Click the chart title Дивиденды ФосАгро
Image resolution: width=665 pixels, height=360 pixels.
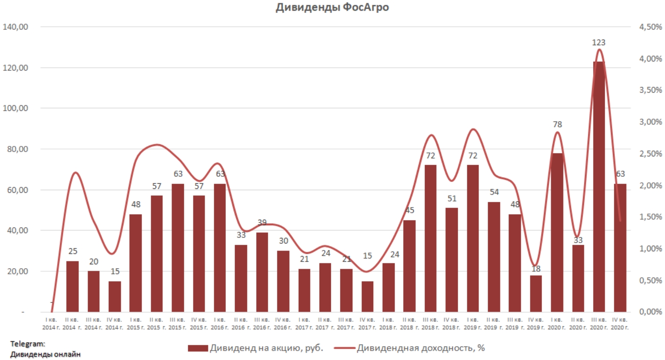coord(332,7)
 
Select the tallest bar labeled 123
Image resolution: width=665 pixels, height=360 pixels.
coord(599,186)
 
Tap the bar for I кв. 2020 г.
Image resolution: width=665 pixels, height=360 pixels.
coord(557,232)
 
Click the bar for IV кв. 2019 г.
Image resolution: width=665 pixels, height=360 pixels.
coord(536,293)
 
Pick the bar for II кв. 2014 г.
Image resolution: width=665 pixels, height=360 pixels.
coord(72,286)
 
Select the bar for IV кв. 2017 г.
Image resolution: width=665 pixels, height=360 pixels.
coord(367,296)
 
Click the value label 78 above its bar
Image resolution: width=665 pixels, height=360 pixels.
coord(557,124)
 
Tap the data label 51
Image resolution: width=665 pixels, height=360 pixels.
coord(452,198)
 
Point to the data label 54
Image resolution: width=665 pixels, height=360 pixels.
coord(494,192)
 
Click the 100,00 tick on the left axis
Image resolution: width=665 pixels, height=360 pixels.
coord(15,108)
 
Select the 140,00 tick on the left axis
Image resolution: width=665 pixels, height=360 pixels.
coord(15,27)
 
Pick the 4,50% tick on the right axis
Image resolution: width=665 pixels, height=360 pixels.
coord(651,27)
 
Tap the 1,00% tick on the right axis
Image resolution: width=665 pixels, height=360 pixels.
coord(651,249)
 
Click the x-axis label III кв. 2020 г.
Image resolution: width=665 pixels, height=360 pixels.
coord(599,324)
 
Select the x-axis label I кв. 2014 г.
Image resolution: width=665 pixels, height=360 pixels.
coord(51,324)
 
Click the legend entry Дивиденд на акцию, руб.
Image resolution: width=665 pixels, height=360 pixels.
coord(256,348)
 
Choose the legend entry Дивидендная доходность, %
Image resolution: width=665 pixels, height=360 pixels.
coord(410,348)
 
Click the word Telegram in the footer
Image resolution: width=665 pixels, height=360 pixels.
coord(27,344)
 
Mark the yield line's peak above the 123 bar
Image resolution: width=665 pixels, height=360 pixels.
coord(599,49)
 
